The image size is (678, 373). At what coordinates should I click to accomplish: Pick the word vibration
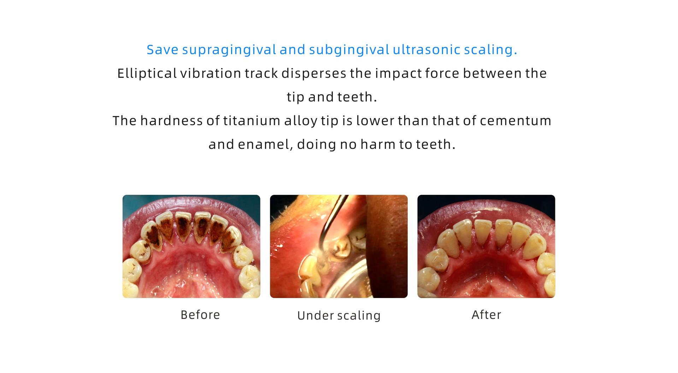coord(211,73)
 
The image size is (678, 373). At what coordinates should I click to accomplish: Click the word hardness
coord(172,121)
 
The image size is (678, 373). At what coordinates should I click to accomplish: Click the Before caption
coord(200,315)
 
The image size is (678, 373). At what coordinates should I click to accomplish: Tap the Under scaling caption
coord(339,315)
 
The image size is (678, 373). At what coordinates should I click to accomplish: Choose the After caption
coord(487,315)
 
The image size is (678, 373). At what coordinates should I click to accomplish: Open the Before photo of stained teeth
coord(191,246)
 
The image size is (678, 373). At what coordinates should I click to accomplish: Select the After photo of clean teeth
coord(486,246)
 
